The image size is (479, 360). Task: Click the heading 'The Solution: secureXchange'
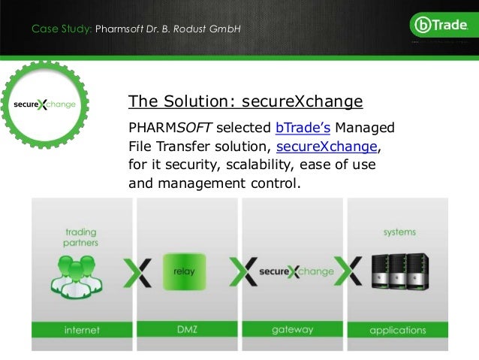point(246,101)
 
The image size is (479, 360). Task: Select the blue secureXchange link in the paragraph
point(323,145)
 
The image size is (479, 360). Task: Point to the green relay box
point(184,271)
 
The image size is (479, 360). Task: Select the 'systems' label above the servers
point(399,232)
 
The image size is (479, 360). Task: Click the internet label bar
point(76,330)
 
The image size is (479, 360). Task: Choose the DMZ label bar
point(184,330)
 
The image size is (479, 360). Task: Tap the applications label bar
point(399,330)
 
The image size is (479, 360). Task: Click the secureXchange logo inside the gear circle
point(46,104)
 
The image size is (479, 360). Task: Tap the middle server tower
point(399,271)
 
